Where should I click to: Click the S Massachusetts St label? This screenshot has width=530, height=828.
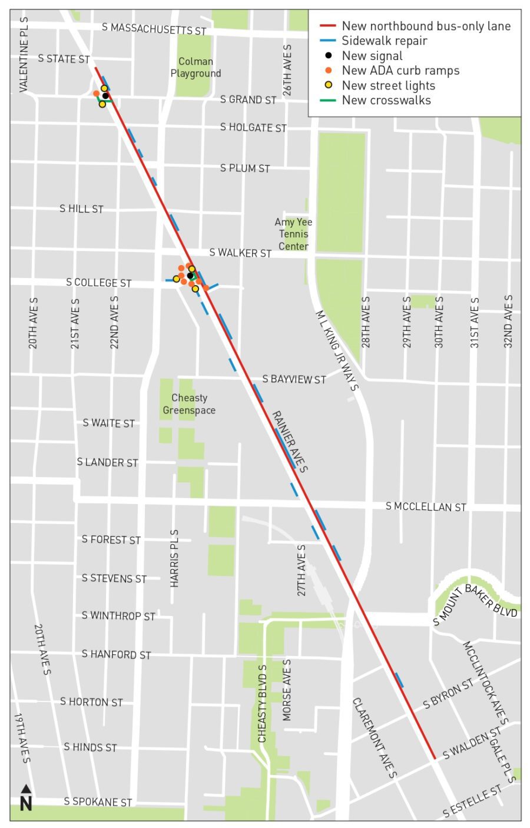(x=154, y=28)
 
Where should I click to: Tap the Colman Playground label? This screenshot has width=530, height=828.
(x=196, y=67)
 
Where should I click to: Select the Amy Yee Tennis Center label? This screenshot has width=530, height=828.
(x=293, y=234)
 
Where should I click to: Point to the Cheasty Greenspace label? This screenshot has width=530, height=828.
(x=189, y=404)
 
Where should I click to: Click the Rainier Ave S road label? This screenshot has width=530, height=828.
(x=289, y=442)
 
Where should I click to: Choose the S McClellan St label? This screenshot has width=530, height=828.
(x=426, y=506)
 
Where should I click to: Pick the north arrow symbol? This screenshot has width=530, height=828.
(x=25, y=797)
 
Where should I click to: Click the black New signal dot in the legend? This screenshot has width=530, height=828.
(x=329, y=55)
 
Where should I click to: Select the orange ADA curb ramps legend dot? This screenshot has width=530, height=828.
(x=329, y=70)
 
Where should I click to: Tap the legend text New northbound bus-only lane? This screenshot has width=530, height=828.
(x=426, y=26)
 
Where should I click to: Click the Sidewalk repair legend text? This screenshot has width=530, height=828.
(x=384, y=41)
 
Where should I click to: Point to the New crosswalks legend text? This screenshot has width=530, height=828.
(x=386, y=100)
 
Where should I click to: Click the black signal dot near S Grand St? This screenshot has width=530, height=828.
(x=105, y=95)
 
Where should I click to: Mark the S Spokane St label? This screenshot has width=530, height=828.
(x=98, y=801)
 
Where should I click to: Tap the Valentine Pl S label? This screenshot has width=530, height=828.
(x=24, y=54)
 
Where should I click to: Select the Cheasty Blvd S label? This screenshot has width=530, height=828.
(x=263, y=703)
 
